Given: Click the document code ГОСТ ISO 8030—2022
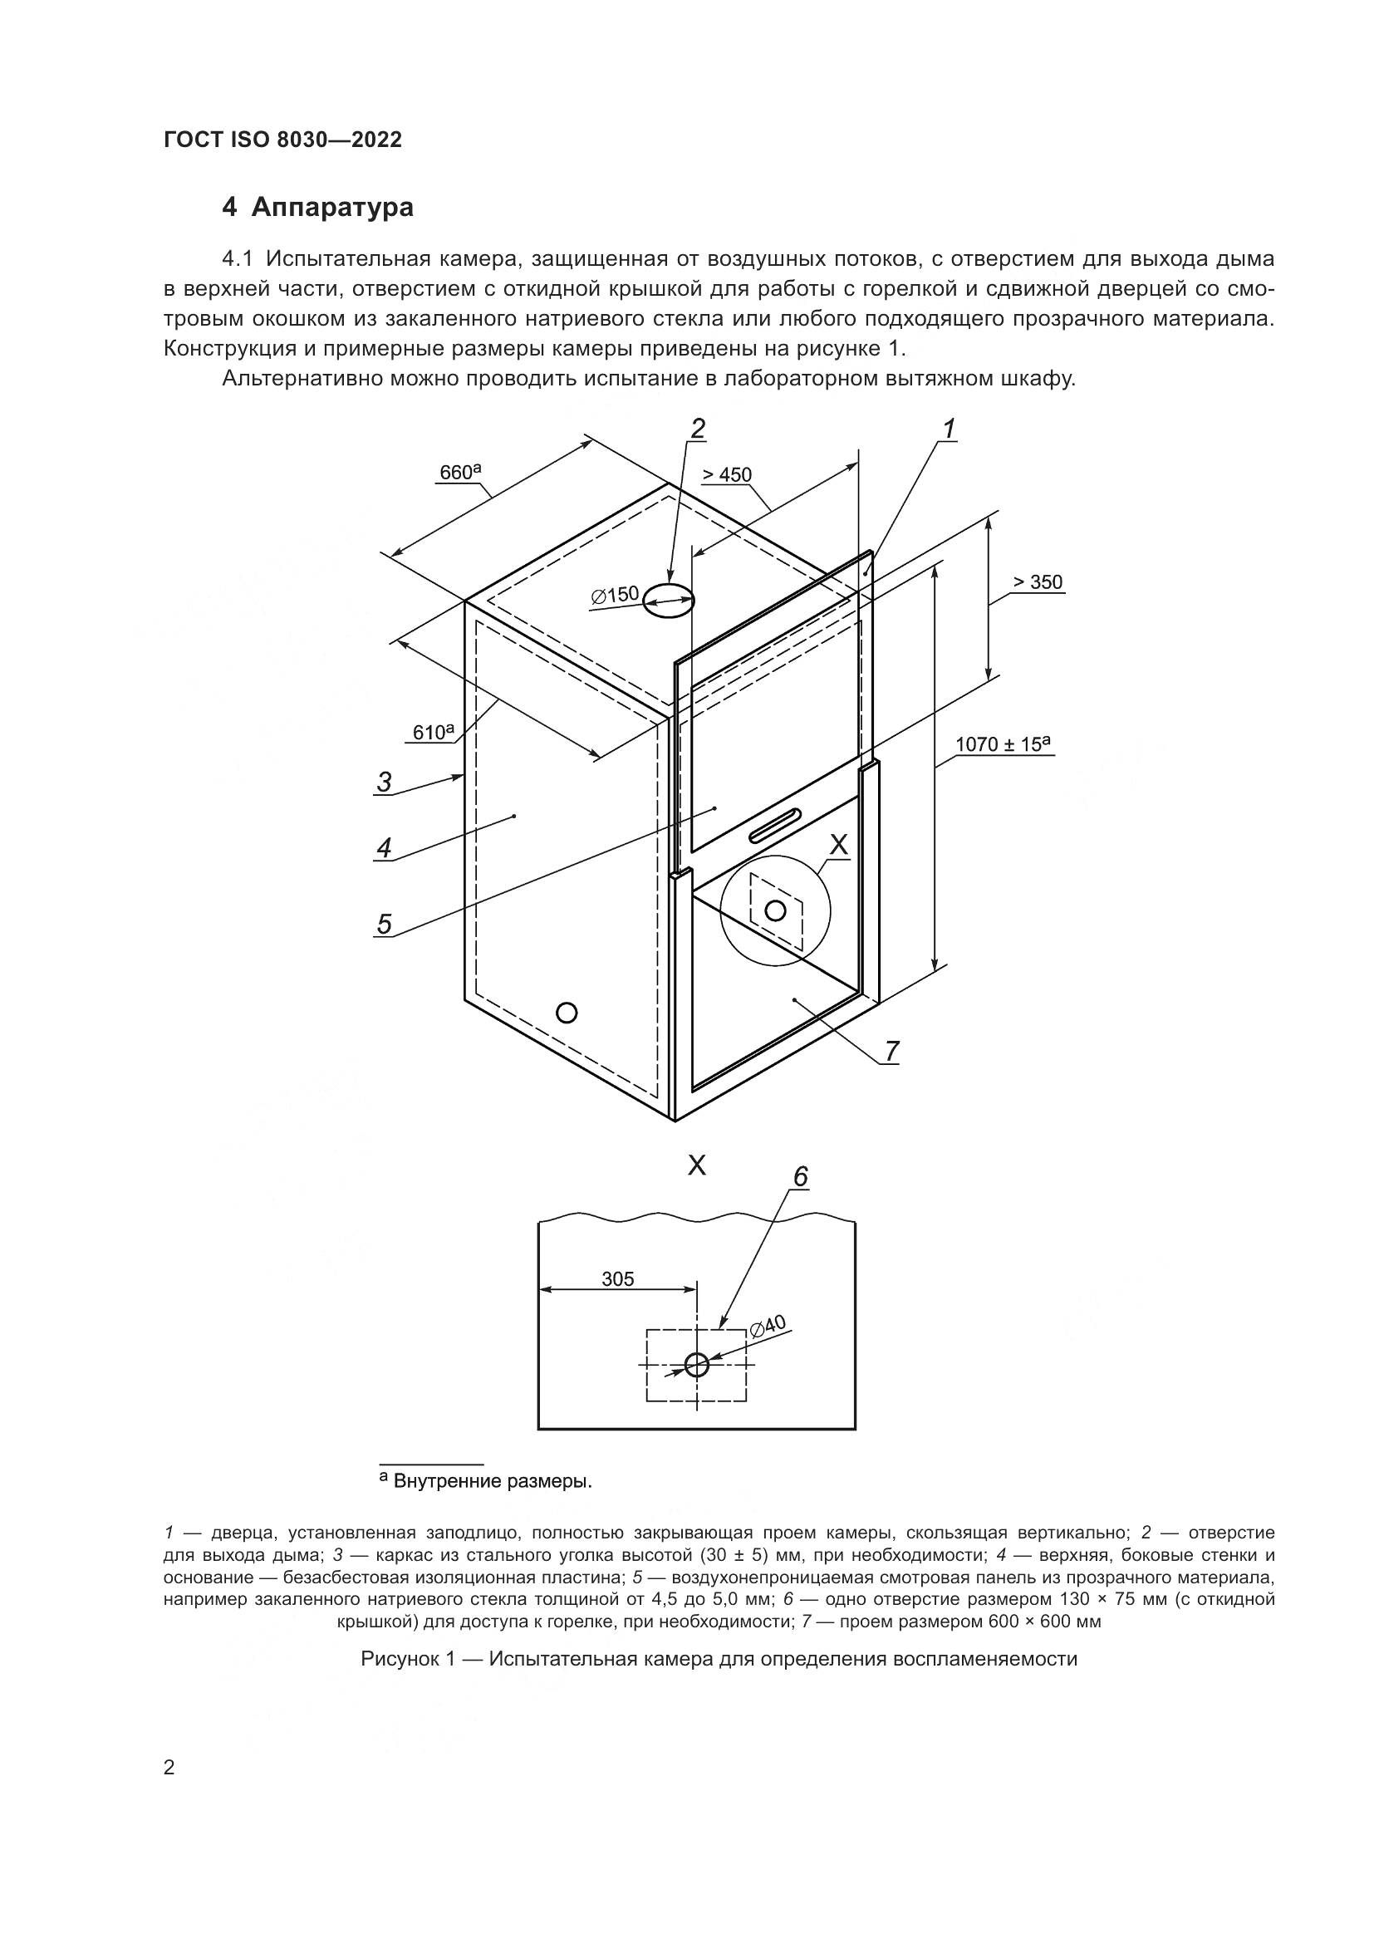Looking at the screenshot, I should pyautogui.click(x=282, y=140).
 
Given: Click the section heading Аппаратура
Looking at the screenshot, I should pyautogui.click(x=332, y=208).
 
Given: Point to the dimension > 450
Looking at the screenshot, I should pyautogui.click(x=727, y=475).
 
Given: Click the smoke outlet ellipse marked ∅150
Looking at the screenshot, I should pyautogui.click(x=669, y=600).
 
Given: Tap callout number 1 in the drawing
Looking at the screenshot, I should pyautogui.click(x=950, y=430).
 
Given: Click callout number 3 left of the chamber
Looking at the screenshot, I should pyautogui.click(x=385, y=782).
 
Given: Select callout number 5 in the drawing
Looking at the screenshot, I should pyautogui.click(x=385, y=924).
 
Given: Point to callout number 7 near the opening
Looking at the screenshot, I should pyautogui.click(x=891, y=1051).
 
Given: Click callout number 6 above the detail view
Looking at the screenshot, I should pyautogui.click(x=800, y=1177).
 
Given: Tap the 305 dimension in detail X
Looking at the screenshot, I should pyautogui.click(x=617, y=1278).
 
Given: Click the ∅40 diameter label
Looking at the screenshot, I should pyautogui.click(x=768, y=1326).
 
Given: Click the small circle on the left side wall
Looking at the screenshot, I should pyautogui.click(x=567, y=1012).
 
